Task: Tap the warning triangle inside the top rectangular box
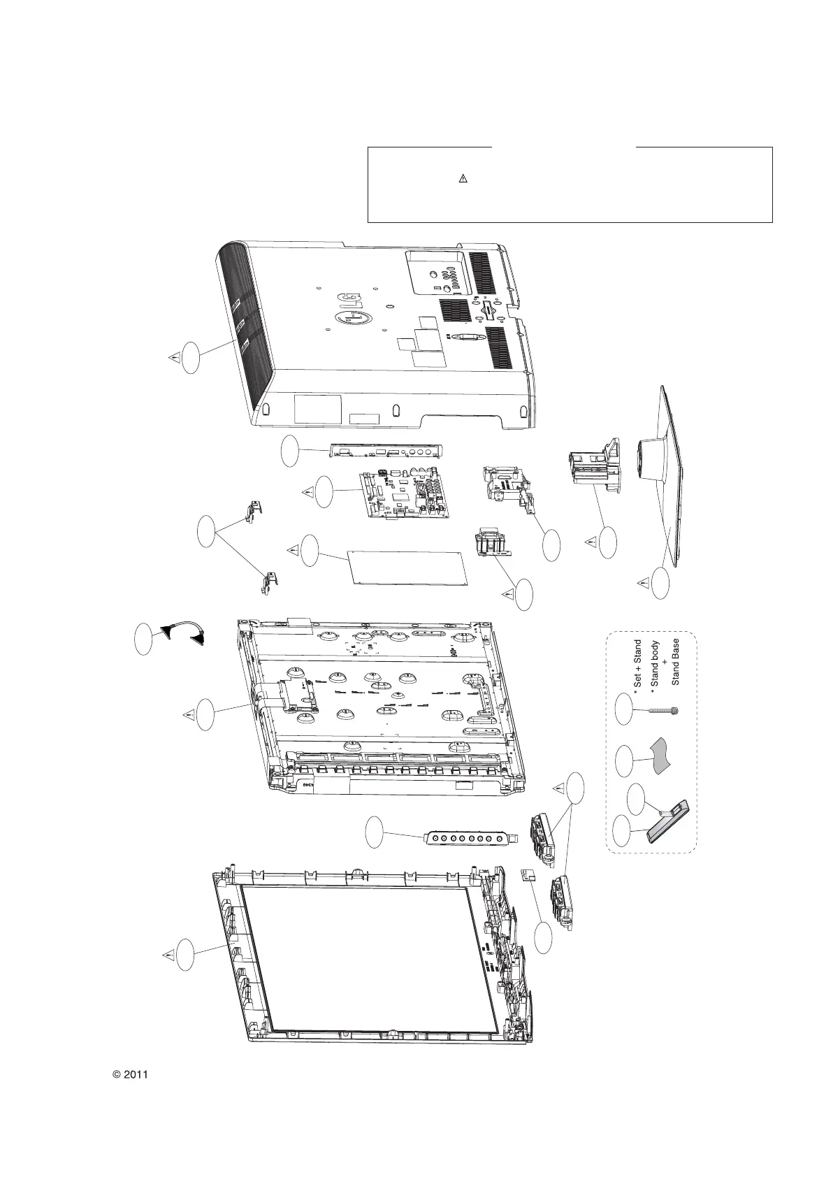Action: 462,179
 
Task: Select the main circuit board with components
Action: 405,496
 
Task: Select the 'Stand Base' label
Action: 676,661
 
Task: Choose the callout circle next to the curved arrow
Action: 143,639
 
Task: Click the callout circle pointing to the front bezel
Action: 186,955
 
